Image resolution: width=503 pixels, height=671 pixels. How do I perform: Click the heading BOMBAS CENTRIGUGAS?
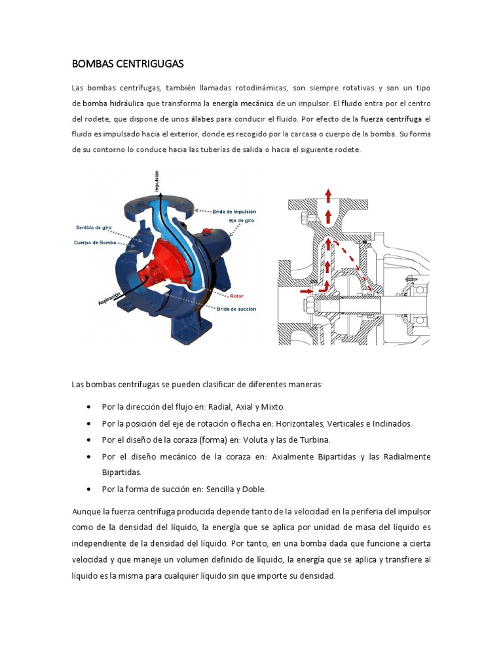[x=128, y=64]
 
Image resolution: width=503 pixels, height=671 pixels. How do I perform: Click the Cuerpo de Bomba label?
[x=96, y=242]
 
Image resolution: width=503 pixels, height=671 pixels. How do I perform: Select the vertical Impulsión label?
[x=157, y=180]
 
